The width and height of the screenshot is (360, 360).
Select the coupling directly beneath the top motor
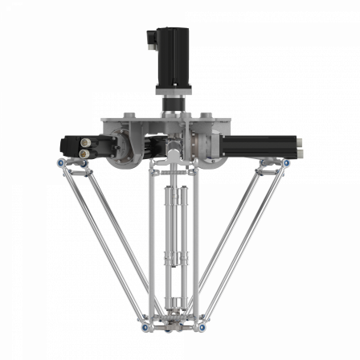tap(172, 103)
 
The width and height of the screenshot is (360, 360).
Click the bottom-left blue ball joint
tap(142, 327)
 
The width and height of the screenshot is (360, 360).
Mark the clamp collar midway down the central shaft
tap(171, 259)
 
